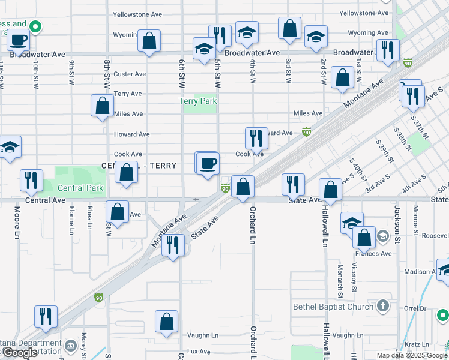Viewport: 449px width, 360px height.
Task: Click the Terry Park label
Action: (x=198, y=101)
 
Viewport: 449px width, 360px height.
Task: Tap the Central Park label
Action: (x=80, y=188)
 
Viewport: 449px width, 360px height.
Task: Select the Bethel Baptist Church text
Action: (x=333, y=307)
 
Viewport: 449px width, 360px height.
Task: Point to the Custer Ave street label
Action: (x=130, y=74)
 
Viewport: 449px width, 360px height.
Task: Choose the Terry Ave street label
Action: (x=128, y=94)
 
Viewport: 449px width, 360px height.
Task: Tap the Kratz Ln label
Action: (x=417, y=344)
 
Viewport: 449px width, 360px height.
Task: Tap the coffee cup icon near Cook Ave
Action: (x=208, y=163)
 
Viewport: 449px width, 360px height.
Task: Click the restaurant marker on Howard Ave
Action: (x=256, y=138)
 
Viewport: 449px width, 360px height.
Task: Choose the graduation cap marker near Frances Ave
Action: (x=352, y=223)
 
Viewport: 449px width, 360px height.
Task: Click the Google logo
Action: (x=20, y=353)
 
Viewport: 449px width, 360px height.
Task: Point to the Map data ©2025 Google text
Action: (x=411, y=355)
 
